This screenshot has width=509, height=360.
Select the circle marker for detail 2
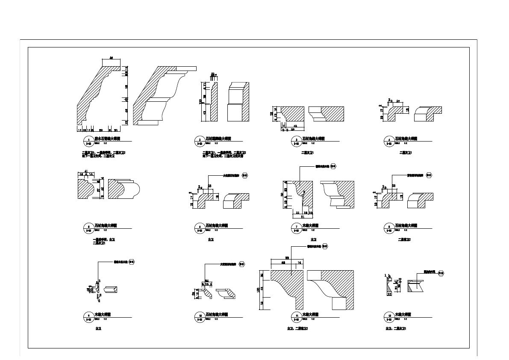pyautogui.click(x=200, y=141)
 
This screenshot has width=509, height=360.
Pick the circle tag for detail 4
pyautogui.click(x=389, y=141)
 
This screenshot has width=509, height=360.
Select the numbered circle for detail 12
pyautogui.click(x=389, y=316)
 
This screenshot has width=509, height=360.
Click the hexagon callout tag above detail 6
pyautogui.click(x=245, y=175)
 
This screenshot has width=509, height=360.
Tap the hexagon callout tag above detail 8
pyautogui.click(x=430, y=175)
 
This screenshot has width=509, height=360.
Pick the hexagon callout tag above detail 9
pyautogui.click(x=132, y=261)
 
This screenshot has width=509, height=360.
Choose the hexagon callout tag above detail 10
pyautogui.click(x=242, y=264)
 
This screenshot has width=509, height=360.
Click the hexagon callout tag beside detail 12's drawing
pyautogui.click(x=441, y=272)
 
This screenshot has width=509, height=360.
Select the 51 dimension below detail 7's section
pyautogui.click(x=302, y=216)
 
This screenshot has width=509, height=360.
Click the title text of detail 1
pyautogui.click(x=102, y=139)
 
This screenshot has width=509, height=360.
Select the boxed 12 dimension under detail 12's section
pyautogui.click(x=389, y=294)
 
